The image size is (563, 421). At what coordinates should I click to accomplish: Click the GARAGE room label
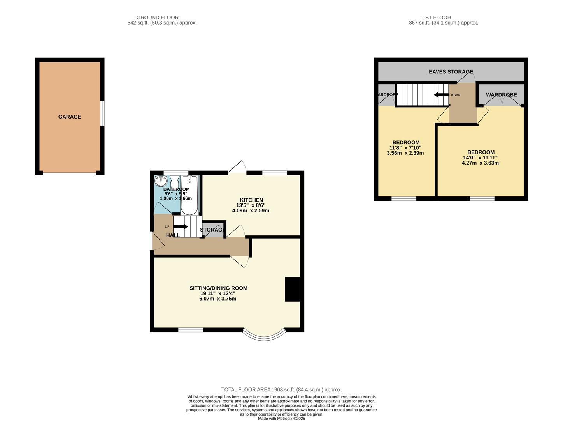(70, 117)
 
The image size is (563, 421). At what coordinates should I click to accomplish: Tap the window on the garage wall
(102, 113)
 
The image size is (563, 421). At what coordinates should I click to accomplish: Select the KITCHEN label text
(251, 200)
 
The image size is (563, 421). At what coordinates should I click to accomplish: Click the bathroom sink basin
(161, 181)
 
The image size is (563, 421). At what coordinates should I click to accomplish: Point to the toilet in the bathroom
(174, 182)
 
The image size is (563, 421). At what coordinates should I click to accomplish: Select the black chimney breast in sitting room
(293, 289)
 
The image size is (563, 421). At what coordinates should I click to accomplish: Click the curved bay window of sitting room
(264, 335)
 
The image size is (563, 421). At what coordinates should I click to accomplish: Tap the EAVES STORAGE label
(451, 72)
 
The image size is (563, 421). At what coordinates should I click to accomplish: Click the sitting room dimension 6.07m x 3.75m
(217, 299)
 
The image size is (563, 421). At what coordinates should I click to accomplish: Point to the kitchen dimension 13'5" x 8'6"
(251, 205)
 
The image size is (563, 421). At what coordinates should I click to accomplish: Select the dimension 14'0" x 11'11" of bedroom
(480, 157)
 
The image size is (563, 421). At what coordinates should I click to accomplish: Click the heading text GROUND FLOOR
(157, 18)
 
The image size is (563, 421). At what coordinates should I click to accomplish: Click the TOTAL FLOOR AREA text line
(281, 389)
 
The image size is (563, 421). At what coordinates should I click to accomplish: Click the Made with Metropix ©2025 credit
(281, 419)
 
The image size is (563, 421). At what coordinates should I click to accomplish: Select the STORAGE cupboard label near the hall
(212, 230)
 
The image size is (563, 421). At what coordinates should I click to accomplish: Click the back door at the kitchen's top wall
(237, 168)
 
